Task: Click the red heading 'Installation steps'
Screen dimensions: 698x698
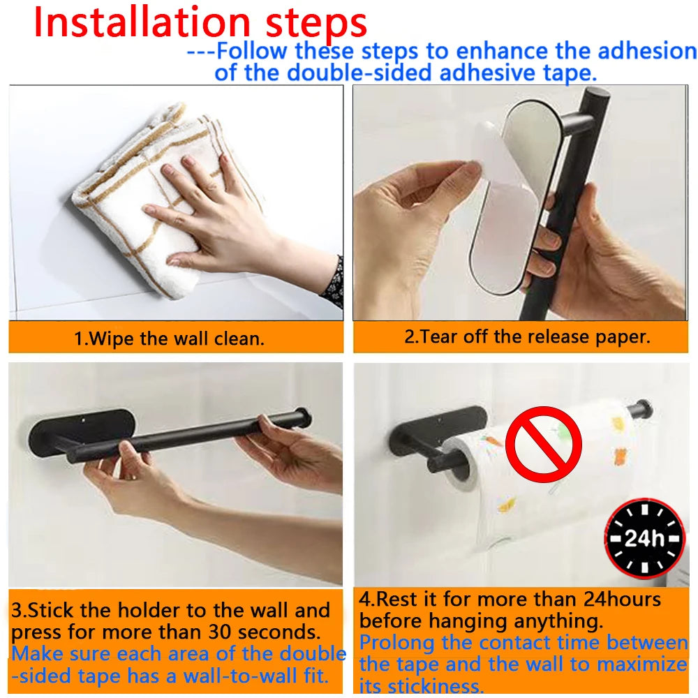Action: pos(200,22)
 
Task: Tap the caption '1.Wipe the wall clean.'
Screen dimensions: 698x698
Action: pos(170,340)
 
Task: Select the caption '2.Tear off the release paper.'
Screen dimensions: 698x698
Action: pos(527,336)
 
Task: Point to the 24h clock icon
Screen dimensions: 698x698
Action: pos(644,537)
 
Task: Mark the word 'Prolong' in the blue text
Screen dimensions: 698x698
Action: pos(396,642)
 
